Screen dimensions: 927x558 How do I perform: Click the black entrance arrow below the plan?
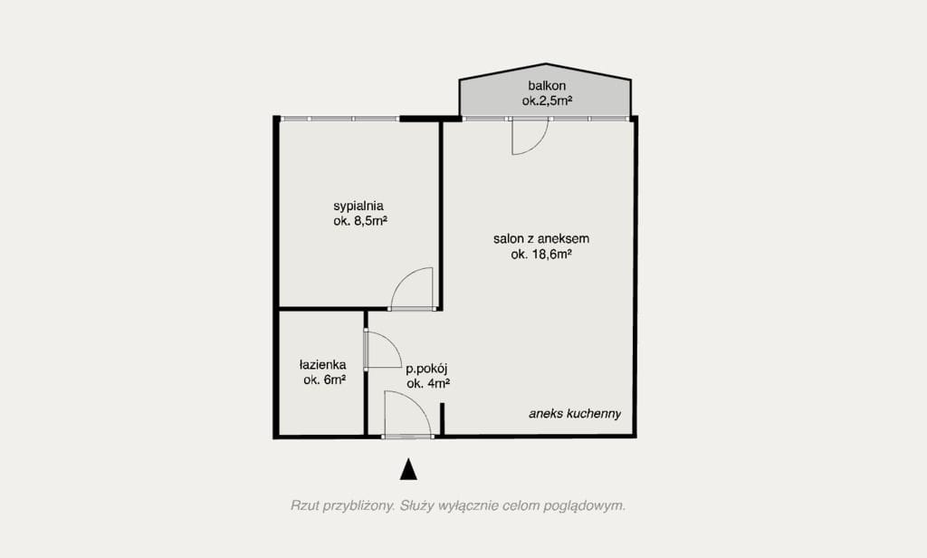click(x=408, y=469)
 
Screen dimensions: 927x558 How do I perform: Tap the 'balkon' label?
click(x=547, y=86)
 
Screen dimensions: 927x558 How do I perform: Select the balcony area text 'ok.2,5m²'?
click(x=547, y=101)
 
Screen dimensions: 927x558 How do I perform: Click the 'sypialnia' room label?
click(x=358, y=207)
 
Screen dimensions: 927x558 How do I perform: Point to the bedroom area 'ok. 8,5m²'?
click(x=360, y=222)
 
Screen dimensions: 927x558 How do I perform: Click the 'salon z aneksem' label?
click(x=541, y=239)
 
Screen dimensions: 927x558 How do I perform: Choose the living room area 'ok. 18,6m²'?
click(x=541, y=255)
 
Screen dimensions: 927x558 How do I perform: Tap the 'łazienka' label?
click(x=323, y=365)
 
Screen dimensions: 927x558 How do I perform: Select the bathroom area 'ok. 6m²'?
click(x=325, y=380)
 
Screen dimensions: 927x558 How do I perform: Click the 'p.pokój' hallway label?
click(x=426, y=370)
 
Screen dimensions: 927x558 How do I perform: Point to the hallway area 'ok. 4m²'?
click(x=428, y=384)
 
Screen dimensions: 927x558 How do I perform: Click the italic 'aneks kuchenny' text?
click(x=575, y=414)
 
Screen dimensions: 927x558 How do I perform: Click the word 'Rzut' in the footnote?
click(x=304, y=506)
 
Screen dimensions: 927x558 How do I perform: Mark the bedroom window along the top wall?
click(x=339, y=119)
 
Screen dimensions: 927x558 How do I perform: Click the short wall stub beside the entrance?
click(x=442, y=419)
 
